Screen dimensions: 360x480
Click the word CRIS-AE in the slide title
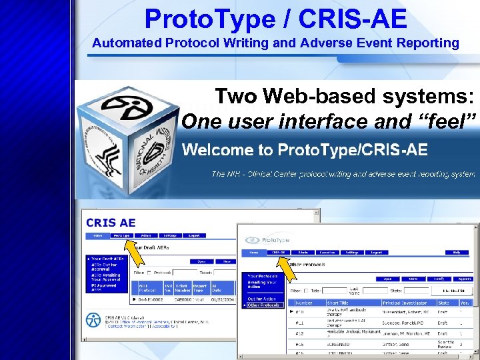pyautogui.click(x=353, y=19)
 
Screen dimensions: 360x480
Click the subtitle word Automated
pyautogui.click(x=125, y=43)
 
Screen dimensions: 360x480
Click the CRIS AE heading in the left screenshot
pyautogui.click(x=111, y=223)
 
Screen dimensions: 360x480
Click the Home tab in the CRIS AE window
pyautogui.click(x=97, y=235)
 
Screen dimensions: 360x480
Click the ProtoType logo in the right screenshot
pyautogui.click(x=271, y=240)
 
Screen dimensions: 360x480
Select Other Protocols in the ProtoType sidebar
pyautogui.click(x=263, y=305)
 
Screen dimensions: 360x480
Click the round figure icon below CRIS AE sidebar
pyautogui.click(x=90, y=320)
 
